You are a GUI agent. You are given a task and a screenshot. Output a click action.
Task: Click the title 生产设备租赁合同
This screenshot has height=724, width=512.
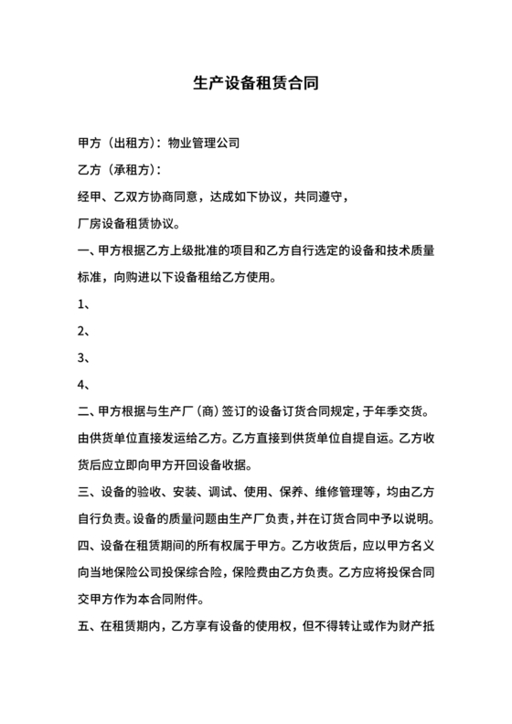pyautogui.click(x=256, y=83)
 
